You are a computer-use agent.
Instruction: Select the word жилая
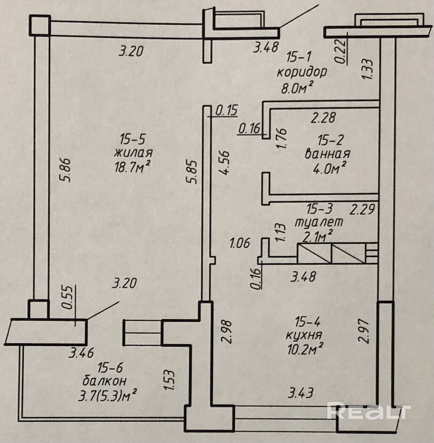point(133,153)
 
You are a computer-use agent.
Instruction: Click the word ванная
point(327,154)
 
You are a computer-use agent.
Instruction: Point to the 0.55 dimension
point(67,298)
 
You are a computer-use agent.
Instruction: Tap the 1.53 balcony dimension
point(169,380)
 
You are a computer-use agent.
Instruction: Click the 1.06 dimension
point(240,243)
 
